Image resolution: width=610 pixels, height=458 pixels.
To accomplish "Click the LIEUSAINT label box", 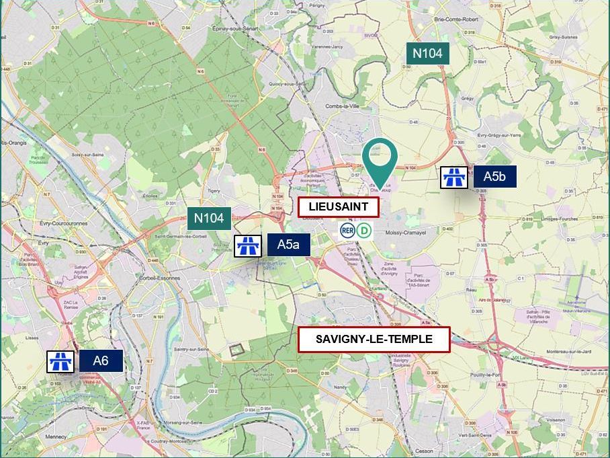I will [x=339, y=207].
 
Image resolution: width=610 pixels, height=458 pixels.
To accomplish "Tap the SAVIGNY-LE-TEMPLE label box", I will [x=374, y=339].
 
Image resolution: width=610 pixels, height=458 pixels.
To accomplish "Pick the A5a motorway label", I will [x=288, y=244].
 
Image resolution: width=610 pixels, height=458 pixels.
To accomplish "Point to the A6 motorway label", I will [x=101, y=360].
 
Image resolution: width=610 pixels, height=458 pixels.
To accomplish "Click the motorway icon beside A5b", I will [x=454, y=178].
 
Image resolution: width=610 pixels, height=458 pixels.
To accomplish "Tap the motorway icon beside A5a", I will [x=247, y=245].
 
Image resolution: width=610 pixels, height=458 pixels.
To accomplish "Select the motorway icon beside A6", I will [x=60, y=361].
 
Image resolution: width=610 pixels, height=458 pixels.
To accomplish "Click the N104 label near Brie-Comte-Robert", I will [x=427, y=54].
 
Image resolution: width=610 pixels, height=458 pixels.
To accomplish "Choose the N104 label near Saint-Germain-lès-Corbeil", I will [x=209, y=217].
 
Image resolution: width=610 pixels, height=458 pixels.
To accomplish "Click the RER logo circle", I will [x=347, y=231].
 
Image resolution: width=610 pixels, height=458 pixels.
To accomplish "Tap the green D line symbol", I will [x=364, y=231].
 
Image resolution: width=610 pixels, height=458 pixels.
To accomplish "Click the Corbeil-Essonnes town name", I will [x=159, y=278].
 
